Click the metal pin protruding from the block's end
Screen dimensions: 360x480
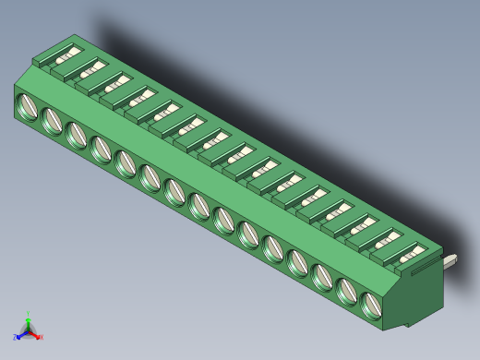pyautogui.click(x=452, y=260)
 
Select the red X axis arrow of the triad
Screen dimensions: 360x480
pyautogui.click(x=39, y=337)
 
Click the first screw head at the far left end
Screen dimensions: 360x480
pyautogui.click(x=28, y=106)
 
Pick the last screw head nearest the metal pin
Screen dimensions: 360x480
pyautogui.click(x=371, y=305)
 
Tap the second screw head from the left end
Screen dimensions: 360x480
pyautogui.click(x=52, y=120)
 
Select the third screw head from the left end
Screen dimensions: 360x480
pyautogui.click(x=77, y=134)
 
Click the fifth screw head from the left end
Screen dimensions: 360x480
pyautogui.click(x=126, y=162)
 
